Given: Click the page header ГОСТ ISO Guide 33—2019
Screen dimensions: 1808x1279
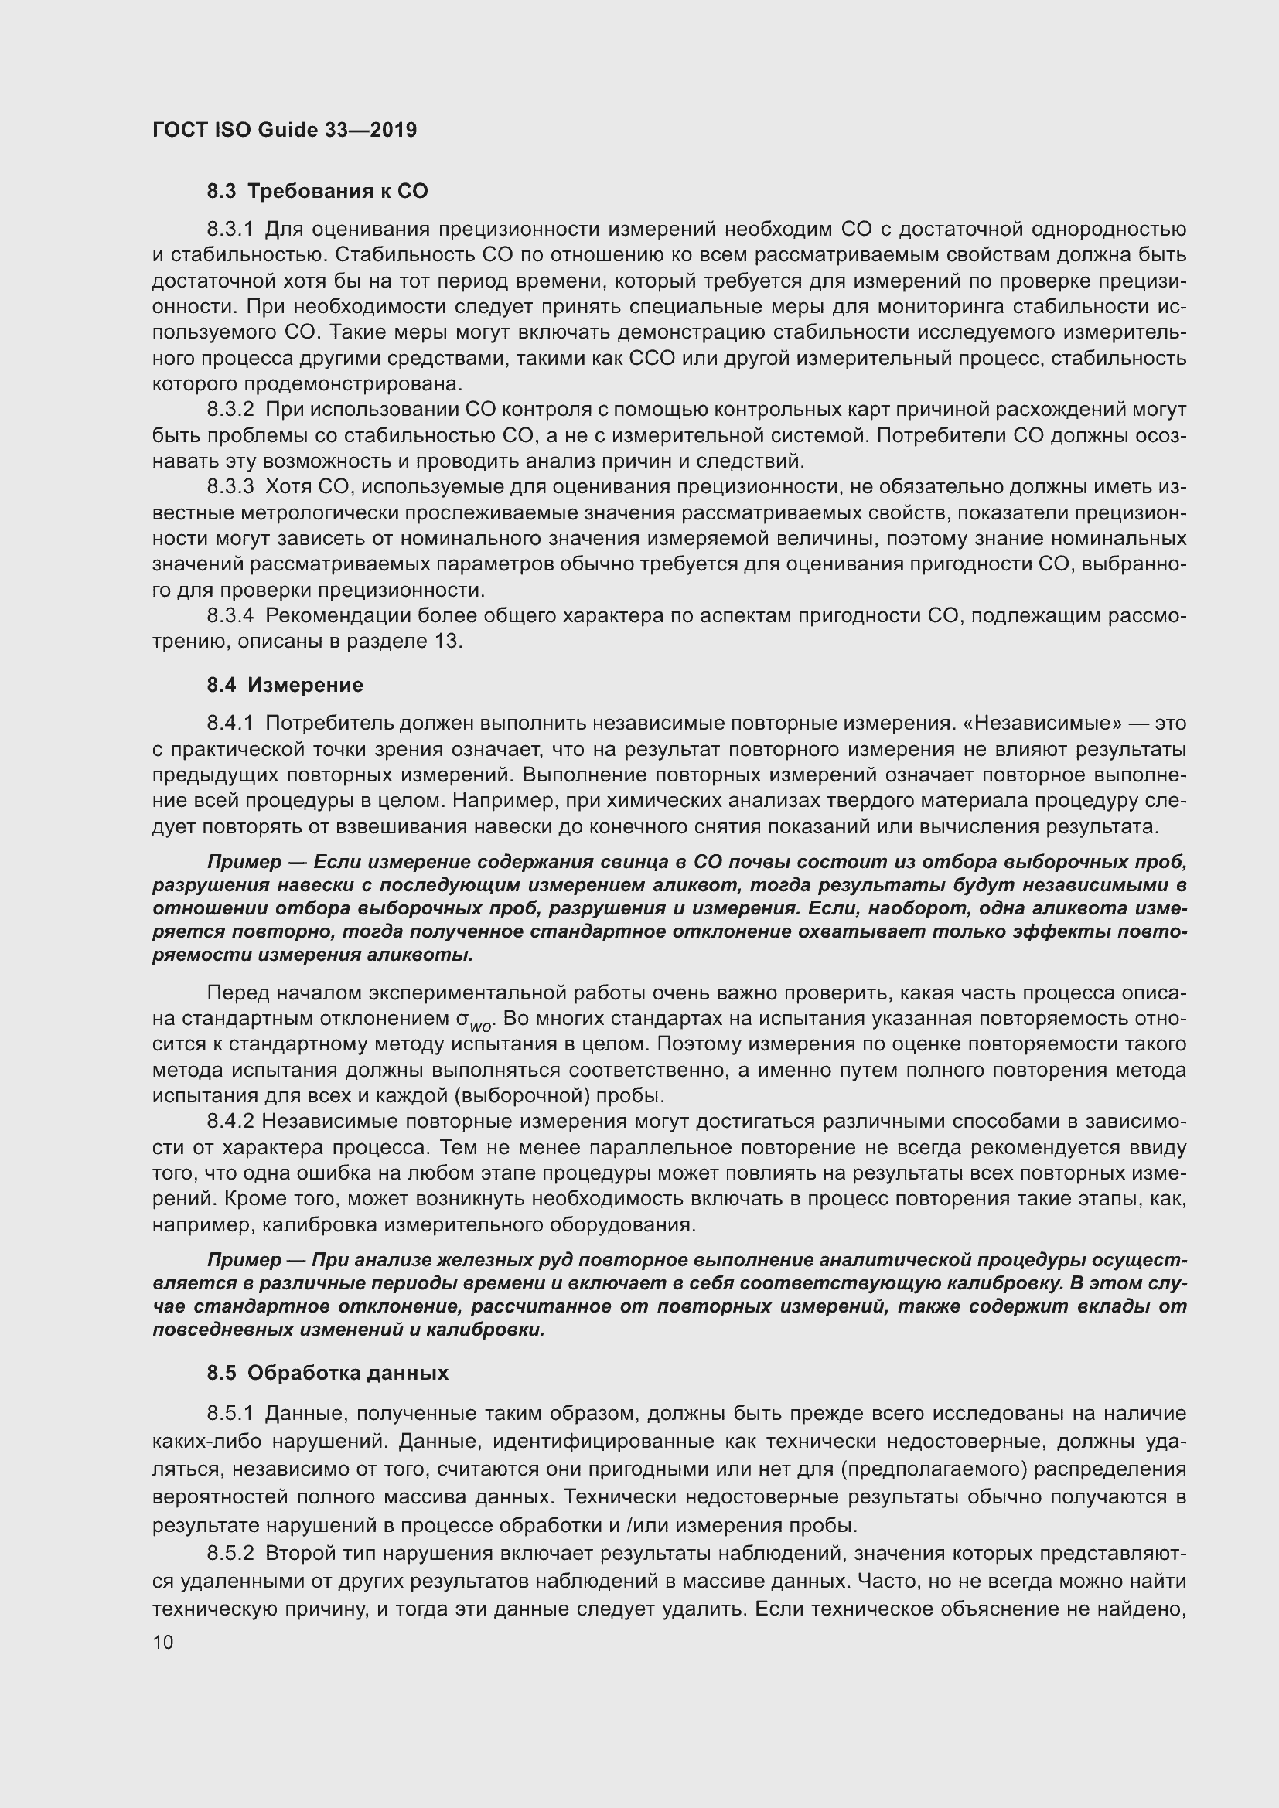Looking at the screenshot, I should pos(284,130).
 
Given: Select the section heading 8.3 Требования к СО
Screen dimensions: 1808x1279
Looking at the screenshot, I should pos(317,191).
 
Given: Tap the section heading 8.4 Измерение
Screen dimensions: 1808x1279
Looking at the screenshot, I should pos(285,684).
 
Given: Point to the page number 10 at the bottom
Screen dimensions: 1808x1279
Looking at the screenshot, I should pos(162,1642).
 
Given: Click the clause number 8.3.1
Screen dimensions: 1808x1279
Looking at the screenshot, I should pos(230,229).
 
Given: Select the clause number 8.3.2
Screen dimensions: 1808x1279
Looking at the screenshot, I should pos(230,410).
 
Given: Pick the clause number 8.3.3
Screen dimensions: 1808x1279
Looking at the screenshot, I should pos(230,487).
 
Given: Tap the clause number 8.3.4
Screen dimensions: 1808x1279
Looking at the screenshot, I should pos(230,615).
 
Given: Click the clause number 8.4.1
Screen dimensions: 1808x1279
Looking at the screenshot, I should pos(230,722).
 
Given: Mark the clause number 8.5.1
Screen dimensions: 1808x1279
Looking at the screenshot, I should pos(230,1414).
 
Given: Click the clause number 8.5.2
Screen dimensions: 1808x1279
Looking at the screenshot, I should pos(230,1554).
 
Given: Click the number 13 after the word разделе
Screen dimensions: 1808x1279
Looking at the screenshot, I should pos(445,641).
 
